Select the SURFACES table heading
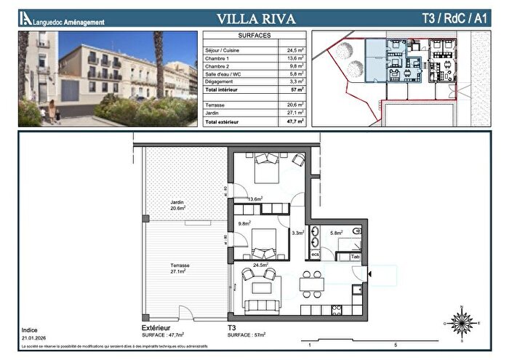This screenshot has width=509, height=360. pos(254,35)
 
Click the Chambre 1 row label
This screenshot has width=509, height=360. pos(217,58)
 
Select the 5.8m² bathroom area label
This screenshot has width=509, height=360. pos(336,233)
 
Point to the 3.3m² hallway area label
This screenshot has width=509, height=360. pos(297,233)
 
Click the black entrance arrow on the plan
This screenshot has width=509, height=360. pos(371,274)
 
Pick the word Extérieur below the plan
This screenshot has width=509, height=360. pos(146,328)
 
